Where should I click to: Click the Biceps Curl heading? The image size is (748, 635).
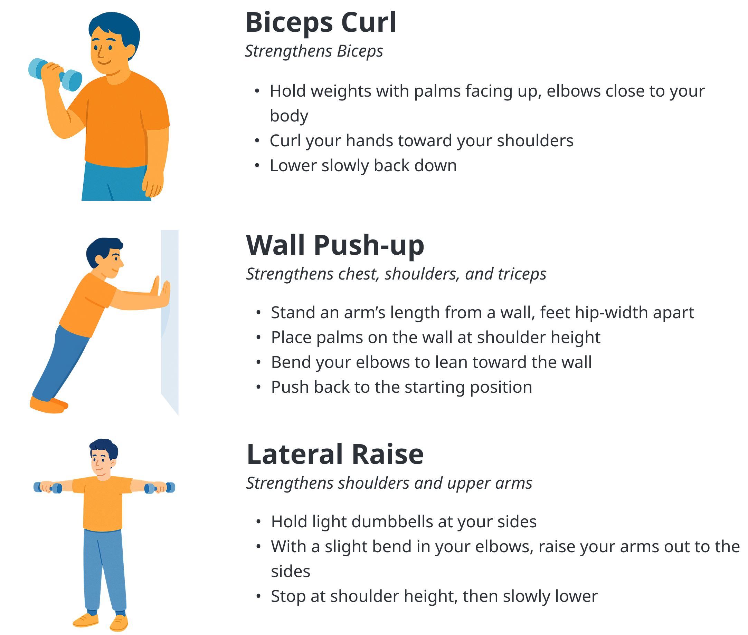click(321, 23)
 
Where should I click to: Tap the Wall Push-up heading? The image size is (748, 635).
click(335, 245)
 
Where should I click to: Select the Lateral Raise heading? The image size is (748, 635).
click(335, 454)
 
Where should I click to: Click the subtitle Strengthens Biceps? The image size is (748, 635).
click(314, 51)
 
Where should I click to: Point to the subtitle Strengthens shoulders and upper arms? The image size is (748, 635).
click(389, 483)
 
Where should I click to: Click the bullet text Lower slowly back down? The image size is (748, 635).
click(363, 166)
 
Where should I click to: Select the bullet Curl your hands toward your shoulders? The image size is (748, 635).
click(422, 141)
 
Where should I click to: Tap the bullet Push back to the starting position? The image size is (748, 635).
click(401, 387)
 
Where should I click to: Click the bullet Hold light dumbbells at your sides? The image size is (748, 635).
click(404, 521)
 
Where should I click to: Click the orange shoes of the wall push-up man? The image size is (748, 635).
click(48, 404)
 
